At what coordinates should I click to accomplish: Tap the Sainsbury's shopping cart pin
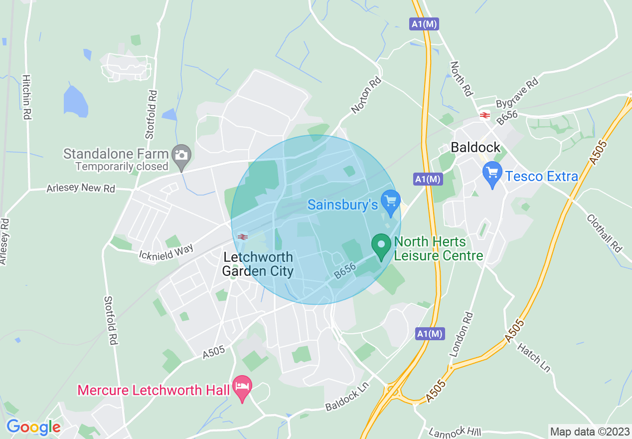click(391, 201)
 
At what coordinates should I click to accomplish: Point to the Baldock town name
click(475, 147)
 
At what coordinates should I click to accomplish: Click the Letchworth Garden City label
click(258, 264)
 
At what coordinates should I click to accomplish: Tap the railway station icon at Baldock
click(483, 115)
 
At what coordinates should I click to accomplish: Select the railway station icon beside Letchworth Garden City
click(243, 236)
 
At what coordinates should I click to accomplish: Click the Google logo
click(33, 427)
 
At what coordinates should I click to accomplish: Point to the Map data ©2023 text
click(589, 431)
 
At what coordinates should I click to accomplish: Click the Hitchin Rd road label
click(26, 97)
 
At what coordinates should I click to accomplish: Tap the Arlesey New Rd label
click(80, 189)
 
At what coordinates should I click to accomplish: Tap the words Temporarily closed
click(122, 167)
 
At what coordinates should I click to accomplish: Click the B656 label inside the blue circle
click(345, 271)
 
